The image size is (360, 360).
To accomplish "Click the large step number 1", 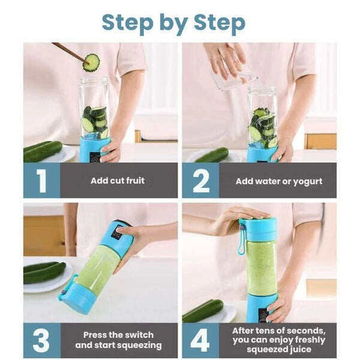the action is [42, 181].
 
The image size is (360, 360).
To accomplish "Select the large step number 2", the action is [201, 181].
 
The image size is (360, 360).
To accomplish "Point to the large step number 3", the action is [41, 340].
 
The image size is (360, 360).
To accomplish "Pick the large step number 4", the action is [200, 340].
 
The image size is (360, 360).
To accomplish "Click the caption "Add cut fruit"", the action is [118, 181].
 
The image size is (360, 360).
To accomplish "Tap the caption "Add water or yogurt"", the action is [279, 182].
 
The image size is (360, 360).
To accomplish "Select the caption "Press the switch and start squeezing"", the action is [118, 340].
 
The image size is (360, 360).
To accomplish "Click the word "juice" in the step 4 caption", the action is [300, 349].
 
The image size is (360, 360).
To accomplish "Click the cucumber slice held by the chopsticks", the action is [91, 63].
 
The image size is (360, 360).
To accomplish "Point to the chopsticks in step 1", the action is [69, 52].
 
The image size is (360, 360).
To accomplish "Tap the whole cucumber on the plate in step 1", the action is [43, 151].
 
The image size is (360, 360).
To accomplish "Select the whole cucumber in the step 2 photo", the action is [212, 155].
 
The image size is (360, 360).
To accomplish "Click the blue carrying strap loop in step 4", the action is [242, 237].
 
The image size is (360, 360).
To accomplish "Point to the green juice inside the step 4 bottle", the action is [261, 268].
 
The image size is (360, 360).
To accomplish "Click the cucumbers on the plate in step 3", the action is [45, 273].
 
